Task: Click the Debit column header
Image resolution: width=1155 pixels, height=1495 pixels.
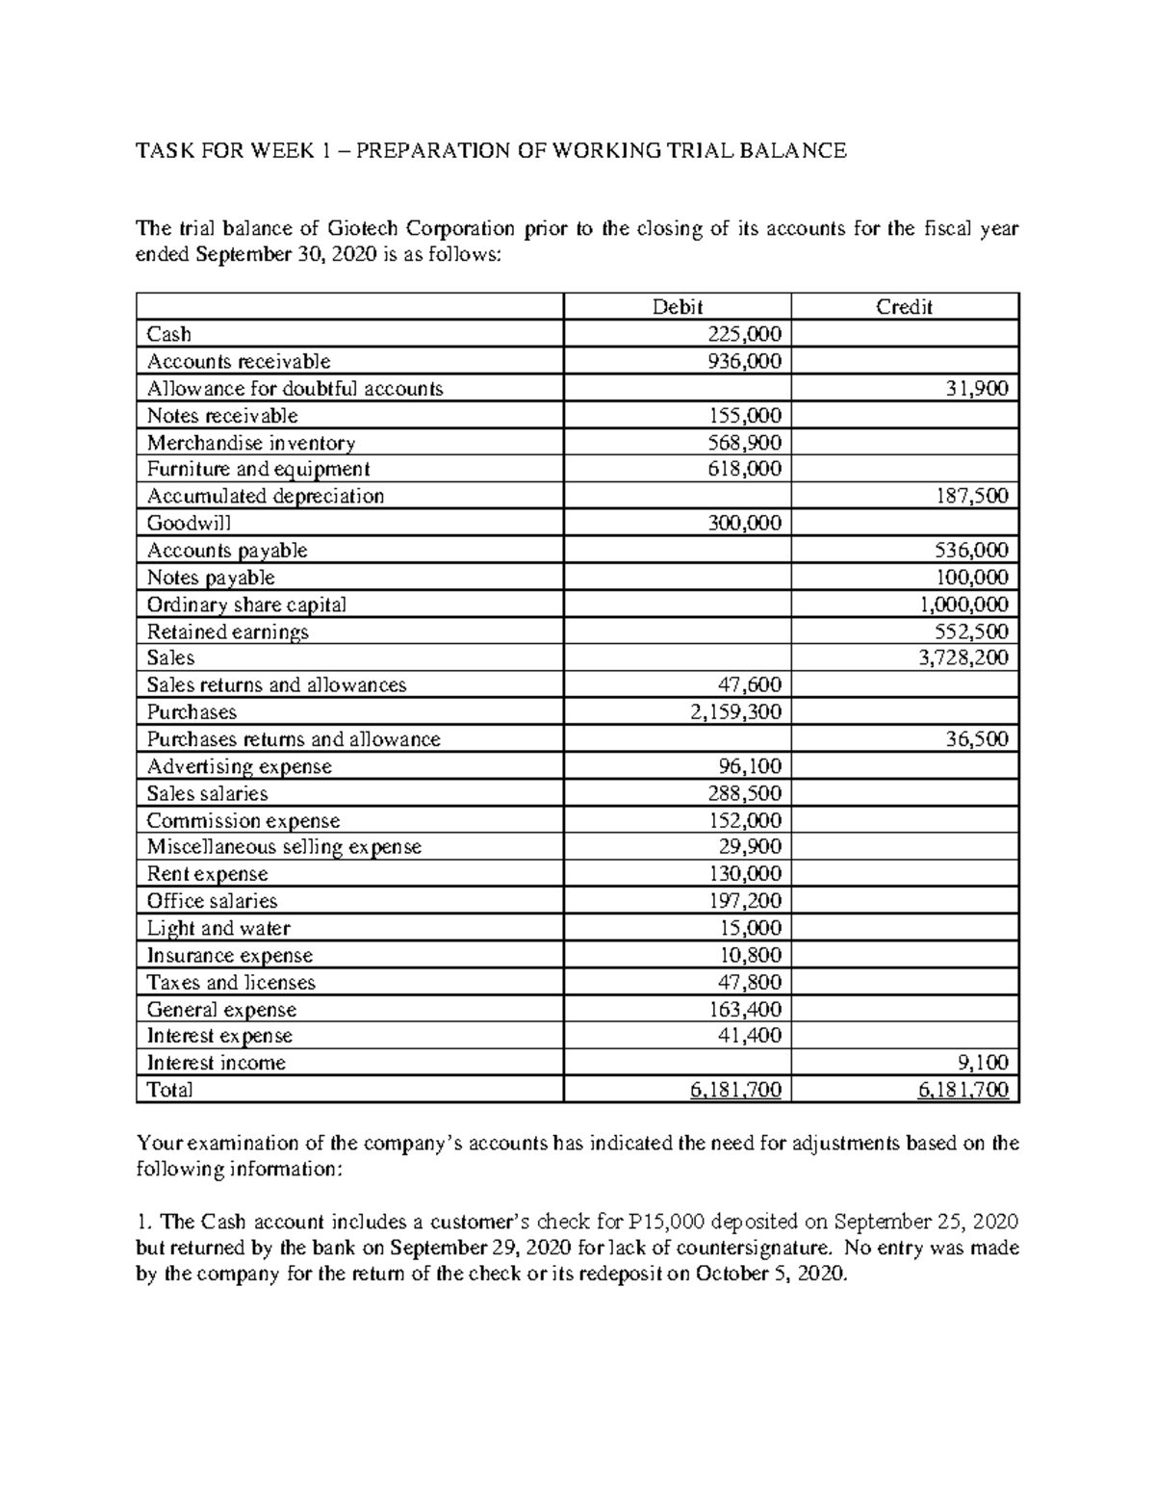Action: click(x=677, y=307)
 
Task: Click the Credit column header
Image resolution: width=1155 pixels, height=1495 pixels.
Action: click(x=904, y=307)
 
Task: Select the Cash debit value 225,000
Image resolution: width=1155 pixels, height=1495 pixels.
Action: click(x=744, y=334)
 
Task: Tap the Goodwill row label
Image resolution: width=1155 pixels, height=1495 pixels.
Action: click(x=189, y=523)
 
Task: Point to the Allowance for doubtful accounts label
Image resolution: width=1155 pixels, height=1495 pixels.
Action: click(x=295, y=388)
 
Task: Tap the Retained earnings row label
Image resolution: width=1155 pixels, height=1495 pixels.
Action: click(x=227, y=632)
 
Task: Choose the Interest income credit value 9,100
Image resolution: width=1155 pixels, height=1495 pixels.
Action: click(x=983, y=1063)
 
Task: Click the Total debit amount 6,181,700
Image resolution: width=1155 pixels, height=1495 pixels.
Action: click(x=735, y=1090)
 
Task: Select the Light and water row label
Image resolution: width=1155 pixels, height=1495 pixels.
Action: click(x=218, y=928)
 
